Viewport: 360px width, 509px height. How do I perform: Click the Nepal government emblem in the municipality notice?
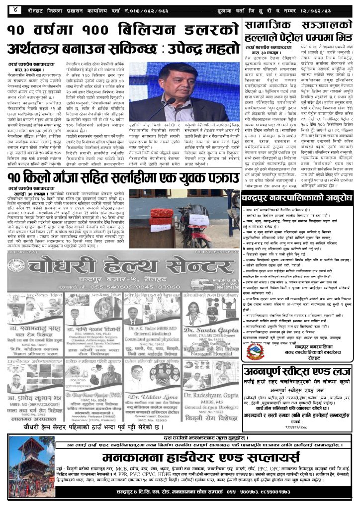coord(256,351)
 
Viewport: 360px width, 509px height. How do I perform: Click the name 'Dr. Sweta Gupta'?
coord(214,330)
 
